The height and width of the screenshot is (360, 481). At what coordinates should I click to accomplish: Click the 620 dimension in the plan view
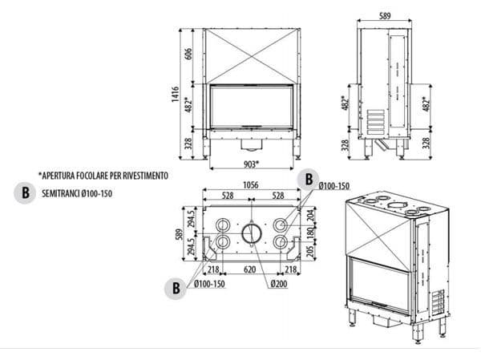coord(250,270)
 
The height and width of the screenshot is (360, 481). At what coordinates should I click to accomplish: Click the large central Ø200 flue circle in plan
coord(252,233)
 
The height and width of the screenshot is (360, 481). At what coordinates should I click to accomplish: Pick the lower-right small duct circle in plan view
coord(280,241)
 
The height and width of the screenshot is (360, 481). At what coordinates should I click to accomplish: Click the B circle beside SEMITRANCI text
coord(26,192)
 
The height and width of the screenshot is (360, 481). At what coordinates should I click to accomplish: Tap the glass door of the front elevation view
coord(249,108)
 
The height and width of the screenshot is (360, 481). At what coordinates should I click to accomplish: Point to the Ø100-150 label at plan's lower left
coord(210,284)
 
